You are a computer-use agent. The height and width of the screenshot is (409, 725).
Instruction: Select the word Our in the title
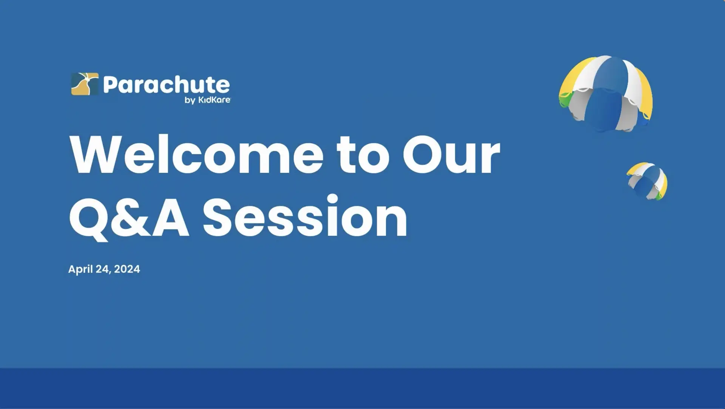tap(452, 154)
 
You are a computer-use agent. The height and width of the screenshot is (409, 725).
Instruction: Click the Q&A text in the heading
tap(129, 218)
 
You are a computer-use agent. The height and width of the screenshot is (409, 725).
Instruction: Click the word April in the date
tap(80, 269)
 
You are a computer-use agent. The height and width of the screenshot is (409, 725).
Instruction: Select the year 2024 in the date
tap(127, 269)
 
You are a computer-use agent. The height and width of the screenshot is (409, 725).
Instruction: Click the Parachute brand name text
tap(167, 85)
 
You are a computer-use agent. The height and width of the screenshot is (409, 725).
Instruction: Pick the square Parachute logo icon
tap(85, 84)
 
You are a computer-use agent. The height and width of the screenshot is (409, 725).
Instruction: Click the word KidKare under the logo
tap(214, 100)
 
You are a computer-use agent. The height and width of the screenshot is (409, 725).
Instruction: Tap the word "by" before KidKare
tap(190, 100)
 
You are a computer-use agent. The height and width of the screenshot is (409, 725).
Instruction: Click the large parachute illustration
tap(606, 94)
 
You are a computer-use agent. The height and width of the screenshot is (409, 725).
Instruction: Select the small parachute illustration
tap(647, 181)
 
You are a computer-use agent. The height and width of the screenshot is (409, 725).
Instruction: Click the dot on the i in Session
tap(333, 199)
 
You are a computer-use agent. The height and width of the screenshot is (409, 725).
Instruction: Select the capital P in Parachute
tap(110, 85)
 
